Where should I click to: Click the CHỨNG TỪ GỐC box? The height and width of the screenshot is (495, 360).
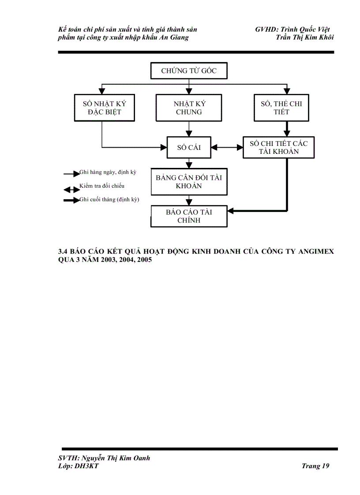[189, 71]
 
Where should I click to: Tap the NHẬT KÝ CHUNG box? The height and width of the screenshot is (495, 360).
[189, 108]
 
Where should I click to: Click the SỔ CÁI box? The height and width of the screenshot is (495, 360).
[189, 147]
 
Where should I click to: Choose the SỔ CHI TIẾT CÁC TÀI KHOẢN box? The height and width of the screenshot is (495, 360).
[278, 147]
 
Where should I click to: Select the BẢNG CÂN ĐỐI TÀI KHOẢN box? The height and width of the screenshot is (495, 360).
[189, 182]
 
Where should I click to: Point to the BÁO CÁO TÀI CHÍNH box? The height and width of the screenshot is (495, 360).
[189, 216]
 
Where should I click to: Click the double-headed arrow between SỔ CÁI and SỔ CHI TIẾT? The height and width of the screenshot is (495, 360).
[227, 147]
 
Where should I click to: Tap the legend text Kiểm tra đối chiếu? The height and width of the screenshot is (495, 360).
[102, 186]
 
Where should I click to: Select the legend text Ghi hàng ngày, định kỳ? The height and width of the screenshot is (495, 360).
[108, 172]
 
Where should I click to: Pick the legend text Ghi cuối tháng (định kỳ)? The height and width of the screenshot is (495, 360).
[109, 200]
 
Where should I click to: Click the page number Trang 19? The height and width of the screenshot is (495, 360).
[315, 466]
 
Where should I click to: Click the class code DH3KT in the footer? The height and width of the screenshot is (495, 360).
[88, 466]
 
